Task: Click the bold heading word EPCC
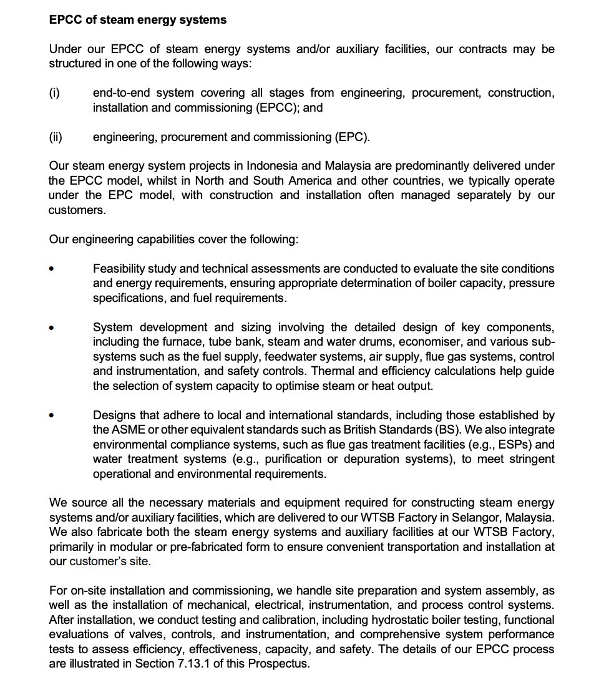(x=64, y=20)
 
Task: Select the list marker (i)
(x=54, y=93)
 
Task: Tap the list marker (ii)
(x=56, y=137)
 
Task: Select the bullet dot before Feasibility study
(x=52, y=269)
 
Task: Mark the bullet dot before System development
(x=52, y=328)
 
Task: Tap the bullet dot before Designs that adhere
(x=52, y=416)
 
